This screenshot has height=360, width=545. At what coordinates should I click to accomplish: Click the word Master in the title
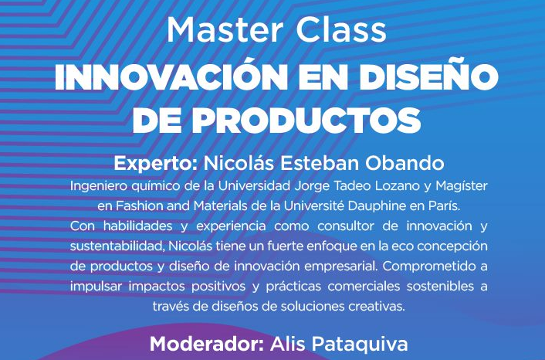click(225, 30)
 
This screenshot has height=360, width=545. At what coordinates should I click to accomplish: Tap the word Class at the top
click(341, 30)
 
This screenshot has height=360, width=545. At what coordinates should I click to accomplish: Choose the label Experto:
click(155, 164)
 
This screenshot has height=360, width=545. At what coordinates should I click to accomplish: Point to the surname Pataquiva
click(360, 345)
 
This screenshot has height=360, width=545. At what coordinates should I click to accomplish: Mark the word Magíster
click(462, 186)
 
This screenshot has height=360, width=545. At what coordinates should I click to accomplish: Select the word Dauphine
click(377, 206)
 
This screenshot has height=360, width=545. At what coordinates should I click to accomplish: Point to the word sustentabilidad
click(117, 246)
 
